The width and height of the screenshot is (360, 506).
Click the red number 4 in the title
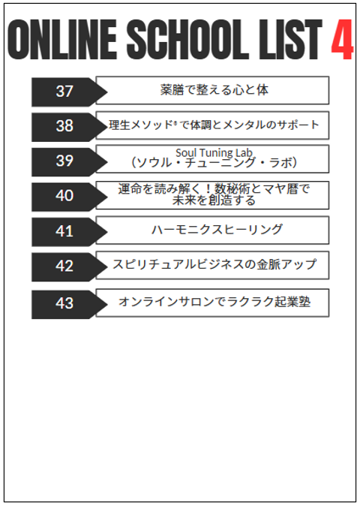[x=342, y=39]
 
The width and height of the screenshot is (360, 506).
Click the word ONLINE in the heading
[x=62, y=39]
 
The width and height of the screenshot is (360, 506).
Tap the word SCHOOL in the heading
[x=187, y=39]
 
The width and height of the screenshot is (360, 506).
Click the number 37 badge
[x=69, y=92]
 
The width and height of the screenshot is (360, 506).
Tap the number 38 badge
[x=69, y=126]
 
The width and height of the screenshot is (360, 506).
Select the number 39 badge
[x=69, y=161]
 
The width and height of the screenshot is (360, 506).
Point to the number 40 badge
[x=69, y=196]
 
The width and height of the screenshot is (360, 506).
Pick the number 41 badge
[x=69, y=231]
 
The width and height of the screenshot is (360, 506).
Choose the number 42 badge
[x=69, y=267]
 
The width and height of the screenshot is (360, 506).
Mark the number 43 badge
[x=69, y=304]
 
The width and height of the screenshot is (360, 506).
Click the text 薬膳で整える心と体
[x=214, y=89]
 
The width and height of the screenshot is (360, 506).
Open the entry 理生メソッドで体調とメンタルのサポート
[x=214, y=125]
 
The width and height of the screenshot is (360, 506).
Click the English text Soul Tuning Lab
[x=214, y=152]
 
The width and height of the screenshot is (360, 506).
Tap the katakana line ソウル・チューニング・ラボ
[x=214, y=163]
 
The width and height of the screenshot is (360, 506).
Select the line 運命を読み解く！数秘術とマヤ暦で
[x=214, y=188]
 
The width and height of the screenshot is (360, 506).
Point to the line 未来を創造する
[x=214, y=200]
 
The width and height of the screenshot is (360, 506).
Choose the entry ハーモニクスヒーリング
[x=217, y=230]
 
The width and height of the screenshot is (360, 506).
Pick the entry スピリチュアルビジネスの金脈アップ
[x=214, y=264]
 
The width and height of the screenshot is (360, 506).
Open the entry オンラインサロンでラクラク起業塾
[x=214, y=302]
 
